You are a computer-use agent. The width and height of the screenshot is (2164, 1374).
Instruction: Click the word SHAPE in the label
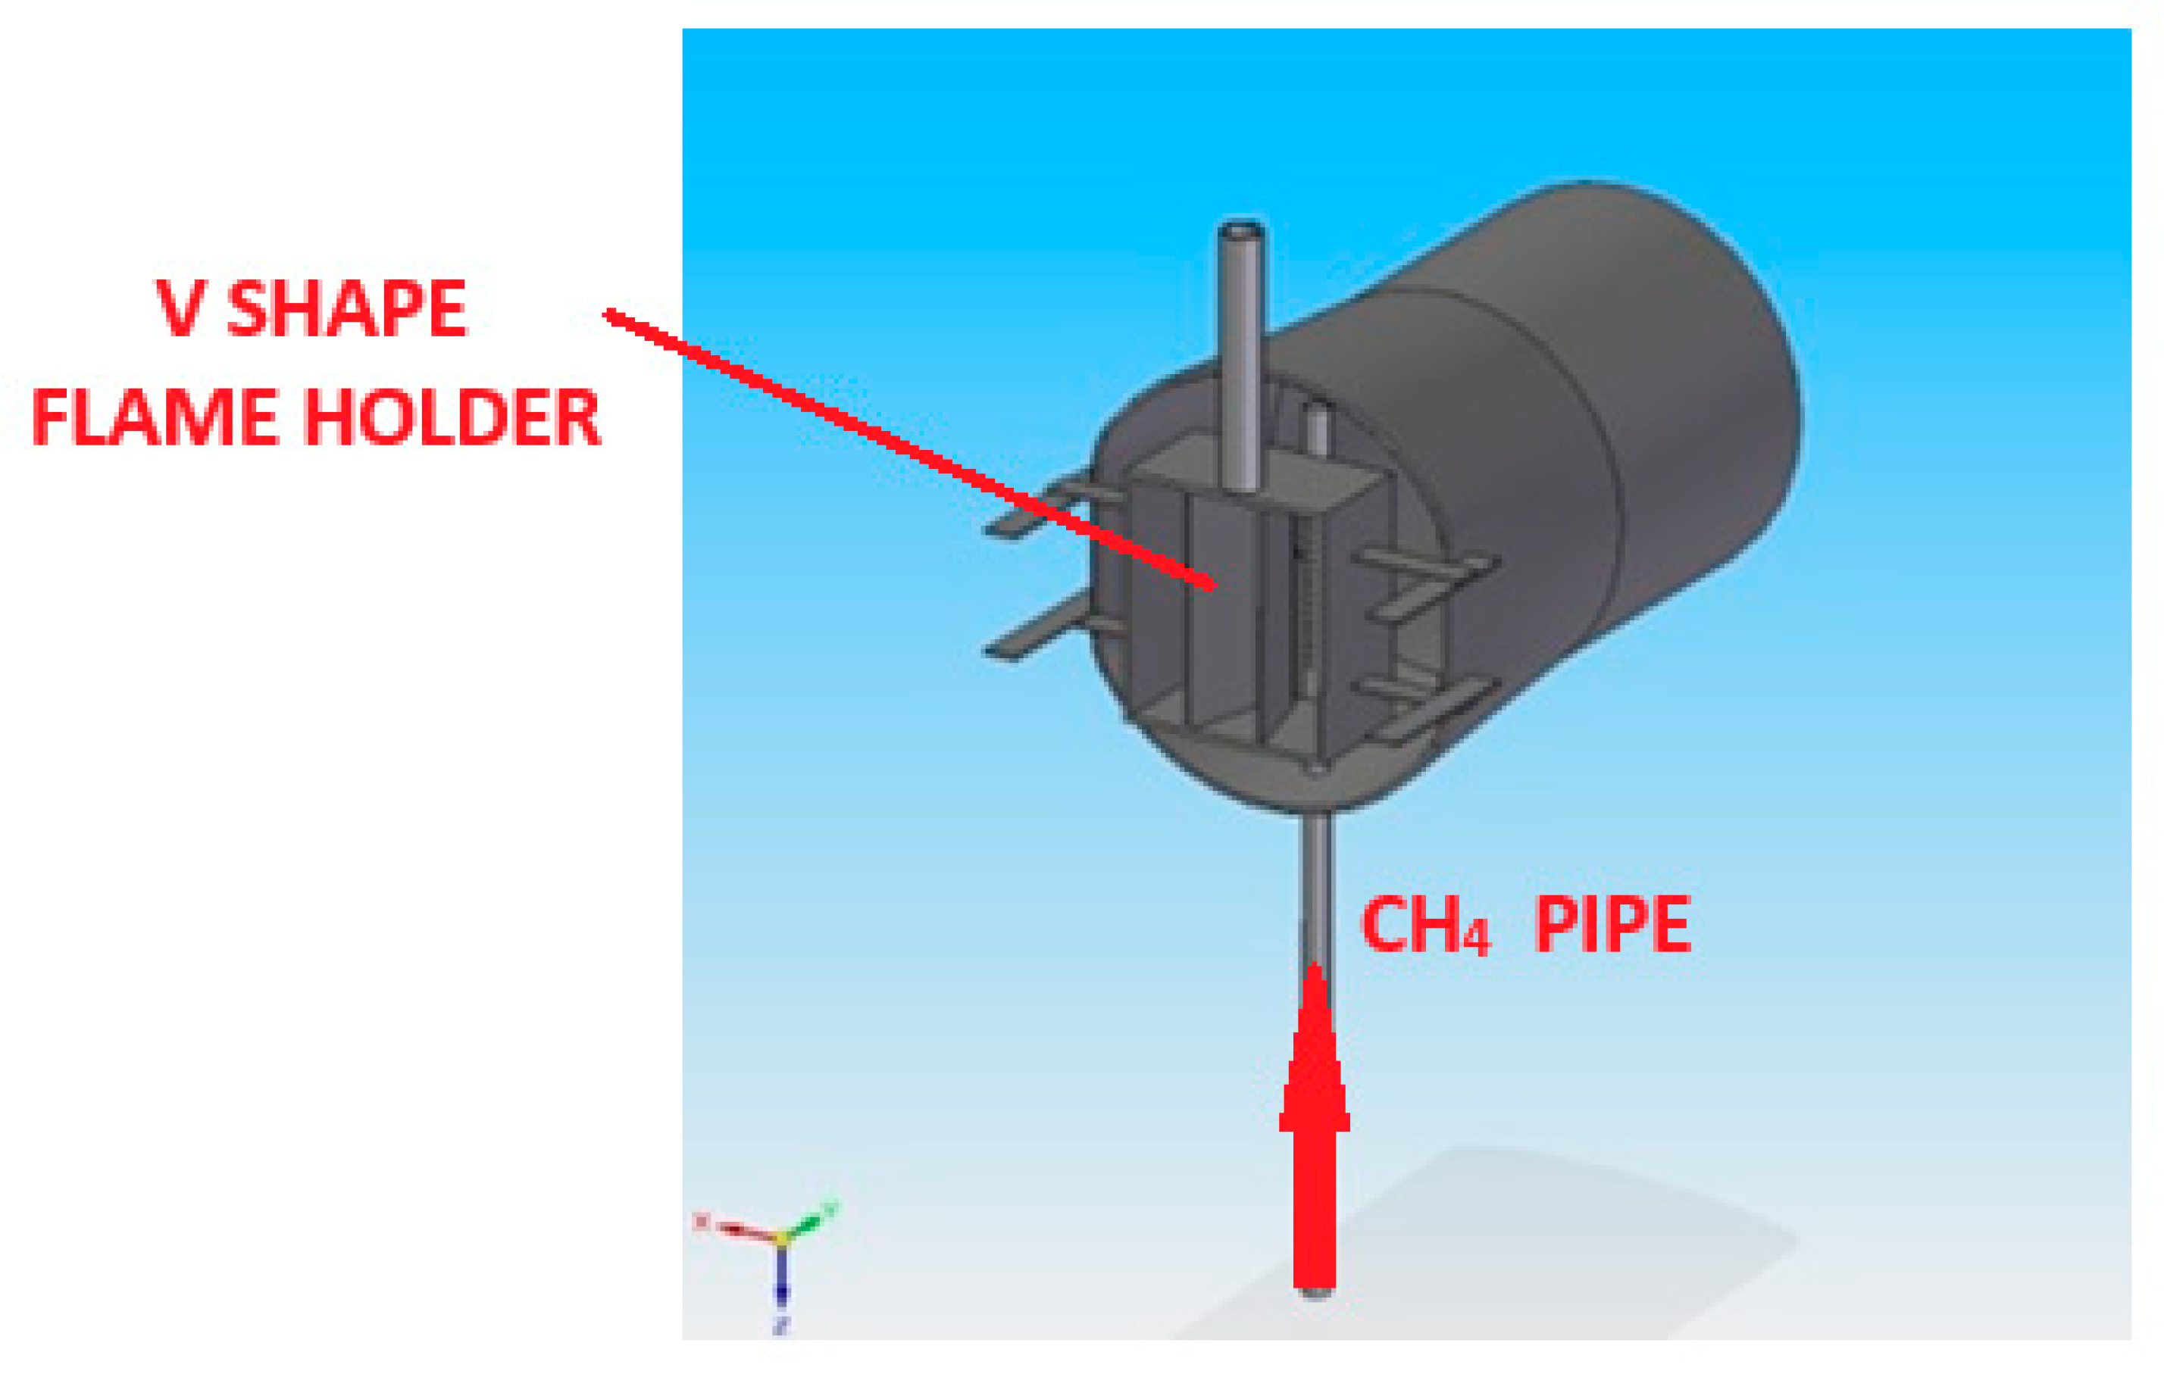[x=347, y=308]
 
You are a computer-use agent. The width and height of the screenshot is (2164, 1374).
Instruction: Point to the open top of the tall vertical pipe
[x=1241, y=233]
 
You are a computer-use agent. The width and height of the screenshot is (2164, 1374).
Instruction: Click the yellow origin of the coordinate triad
[x=781, y=1239]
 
